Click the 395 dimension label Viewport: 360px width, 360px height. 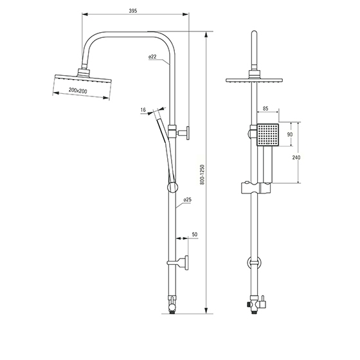click(133, 10)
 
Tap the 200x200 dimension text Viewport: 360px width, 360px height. click(78, 91)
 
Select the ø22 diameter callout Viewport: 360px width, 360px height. click(152, 57)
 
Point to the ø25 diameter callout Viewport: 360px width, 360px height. click(187, 200)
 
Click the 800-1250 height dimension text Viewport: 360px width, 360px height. click(202, 175)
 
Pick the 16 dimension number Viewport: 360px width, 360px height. click(143, 110)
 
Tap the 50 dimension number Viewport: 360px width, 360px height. click(195, 235)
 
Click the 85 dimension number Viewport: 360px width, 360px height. click(265, 109)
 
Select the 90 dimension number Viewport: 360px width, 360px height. click(290, 134)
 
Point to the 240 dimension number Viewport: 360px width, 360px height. click(296, 157)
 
